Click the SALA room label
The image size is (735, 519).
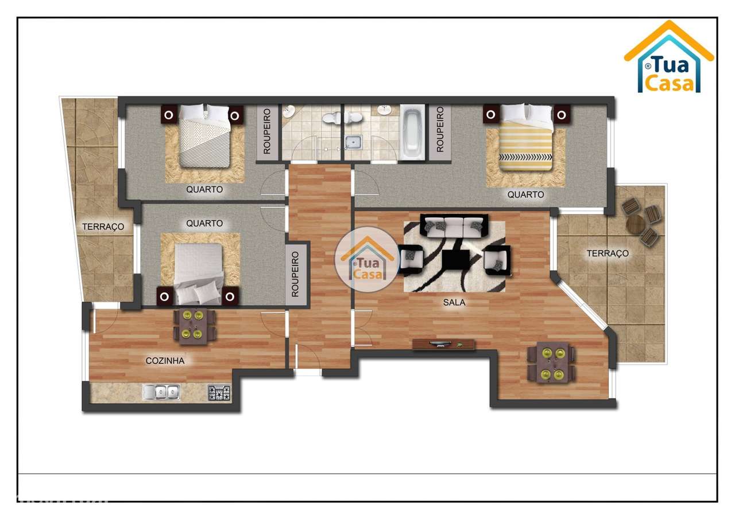pyautogui.click(x=454, y=302)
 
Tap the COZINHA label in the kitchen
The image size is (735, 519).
pyautogui.click(x=165, y=361)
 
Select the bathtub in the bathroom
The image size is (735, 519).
pyautogui.click(x=412, y=132)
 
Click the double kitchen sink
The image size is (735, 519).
pyautogui.click(x=161, y=392)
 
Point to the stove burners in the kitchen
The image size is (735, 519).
pyautogui.click(x=219, y=393)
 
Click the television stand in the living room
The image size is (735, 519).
pyautogui.click(x=444, y=344)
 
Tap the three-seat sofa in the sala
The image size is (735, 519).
pyautogui.click(x=454, y=226)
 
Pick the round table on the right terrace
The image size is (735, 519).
pyautogui.click(x=636, y=224)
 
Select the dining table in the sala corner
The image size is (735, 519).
pyautogui.click(x=551, y=363)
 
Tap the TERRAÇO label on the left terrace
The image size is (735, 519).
pyautogui.click(x=103, y=227)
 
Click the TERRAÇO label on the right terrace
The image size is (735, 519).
pyautogui.click(x=608, y=253)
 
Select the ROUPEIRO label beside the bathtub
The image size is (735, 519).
pyautogui.click(x=440, y=129)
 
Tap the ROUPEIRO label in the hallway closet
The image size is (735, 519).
pyautogui.click(x=296, y=274)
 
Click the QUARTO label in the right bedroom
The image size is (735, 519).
pyautogui.click(x=525, y=195)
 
